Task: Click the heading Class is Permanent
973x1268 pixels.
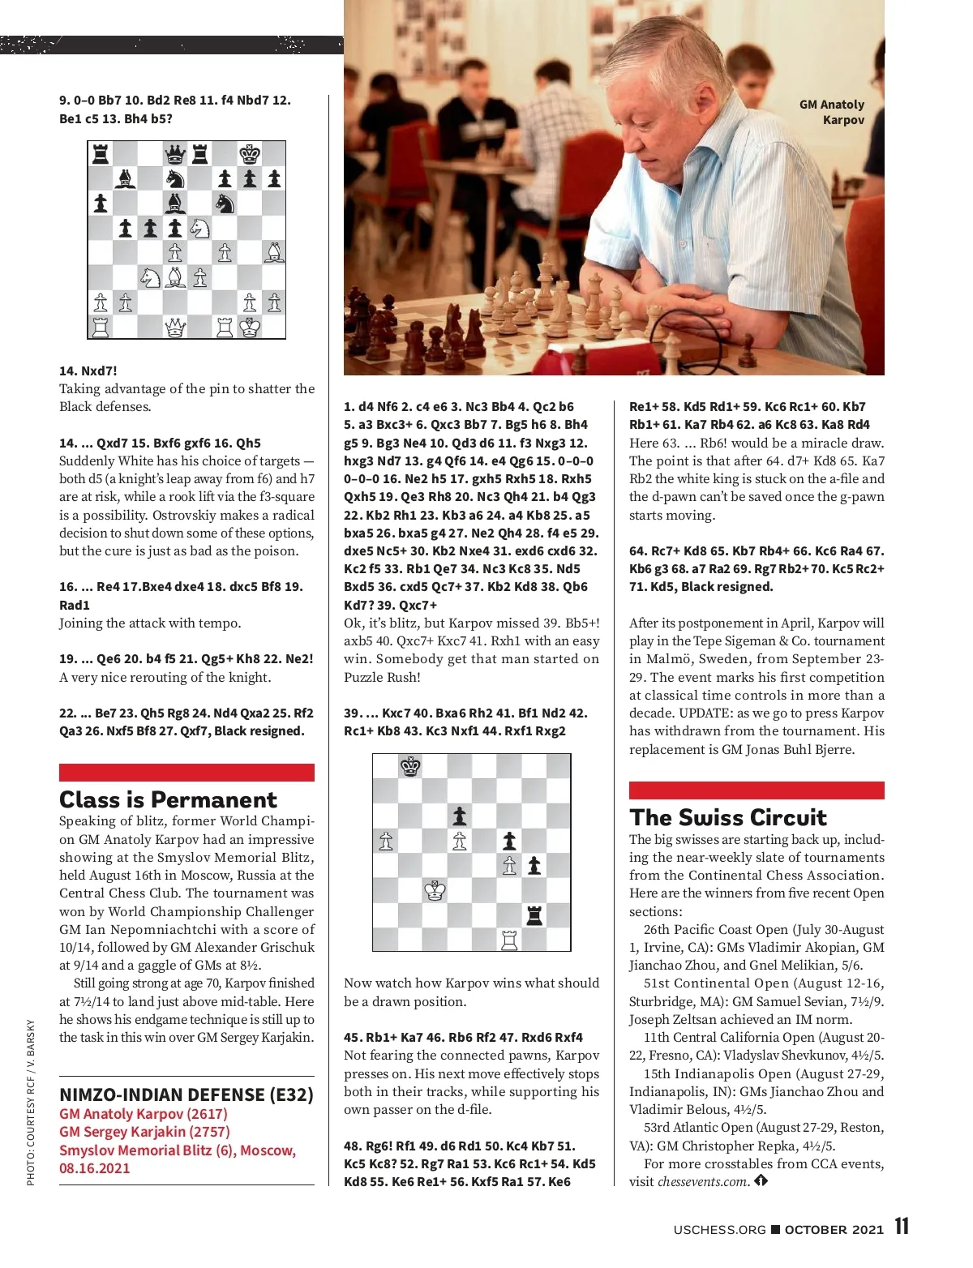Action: click(168, 799)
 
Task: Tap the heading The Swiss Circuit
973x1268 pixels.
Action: click(727, 817)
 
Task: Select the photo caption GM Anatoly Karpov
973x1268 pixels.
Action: click(832, 112)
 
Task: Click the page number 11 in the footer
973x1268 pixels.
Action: click(902, 1227)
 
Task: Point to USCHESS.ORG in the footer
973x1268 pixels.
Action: click(719, 1229)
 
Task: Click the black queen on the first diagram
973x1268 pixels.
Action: click(175, 154)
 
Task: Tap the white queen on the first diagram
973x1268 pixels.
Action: click(175, 328)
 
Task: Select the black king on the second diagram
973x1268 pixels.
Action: click(411, 766)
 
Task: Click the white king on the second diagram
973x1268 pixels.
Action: click(435, 890)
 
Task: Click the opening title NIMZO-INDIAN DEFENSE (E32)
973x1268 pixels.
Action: click(186, 1095)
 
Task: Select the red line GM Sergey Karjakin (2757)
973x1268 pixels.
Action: click(144, 1132)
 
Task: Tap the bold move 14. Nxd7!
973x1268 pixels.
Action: click(88, 371)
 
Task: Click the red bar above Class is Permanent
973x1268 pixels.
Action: click(186, 772)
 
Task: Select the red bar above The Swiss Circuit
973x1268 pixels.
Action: click(757, 790)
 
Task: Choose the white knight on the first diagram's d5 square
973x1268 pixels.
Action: click(199, 229)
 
